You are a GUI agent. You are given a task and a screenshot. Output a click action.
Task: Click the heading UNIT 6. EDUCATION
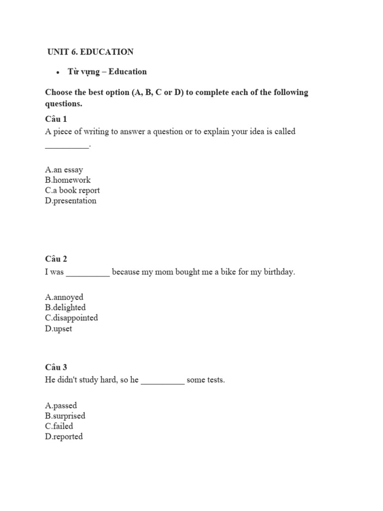click(x=90, y=52)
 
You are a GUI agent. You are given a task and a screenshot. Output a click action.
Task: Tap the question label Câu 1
click(x=56, y=119)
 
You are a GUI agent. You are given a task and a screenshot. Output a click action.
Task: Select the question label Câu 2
click(x=56, y=258)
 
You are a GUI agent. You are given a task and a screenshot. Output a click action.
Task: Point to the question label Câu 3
click(x=56, y=367)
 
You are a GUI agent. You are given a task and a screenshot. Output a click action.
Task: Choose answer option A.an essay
click(x=64, y=170)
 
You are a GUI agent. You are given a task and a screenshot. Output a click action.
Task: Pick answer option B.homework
click(x=68, y=180)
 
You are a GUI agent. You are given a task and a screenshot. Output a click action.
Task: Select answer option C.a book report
click(x=72, y=190)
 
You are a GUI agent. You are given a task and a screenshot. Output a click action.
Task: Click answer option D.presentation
click(x=70, y=201)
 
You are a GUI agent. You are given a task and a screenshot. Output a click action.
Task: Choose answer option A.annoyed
click(x=64, y=297)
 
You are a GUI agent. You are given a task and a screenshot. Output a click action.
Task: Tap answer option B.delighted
click(x=65, y=307)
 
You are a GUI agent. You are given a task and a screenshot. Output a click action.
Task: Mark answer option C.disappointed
click(x=71, y=317)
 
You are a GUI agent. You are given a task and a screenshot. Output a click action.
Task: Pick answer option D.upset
click(x=58, y=328)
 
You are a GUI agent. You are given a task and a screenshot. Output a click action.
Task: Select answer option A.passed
click(x=61, y=405)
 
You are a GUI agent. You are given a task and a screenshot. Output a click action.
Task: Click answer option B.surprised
click(x=65, y=416)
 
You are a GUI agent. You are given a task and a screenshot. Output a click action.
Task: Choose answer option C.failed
click(x=59, y=426)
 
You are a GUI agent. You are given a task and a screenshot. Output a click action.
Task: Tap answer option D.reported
click(x=64, y=437)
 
